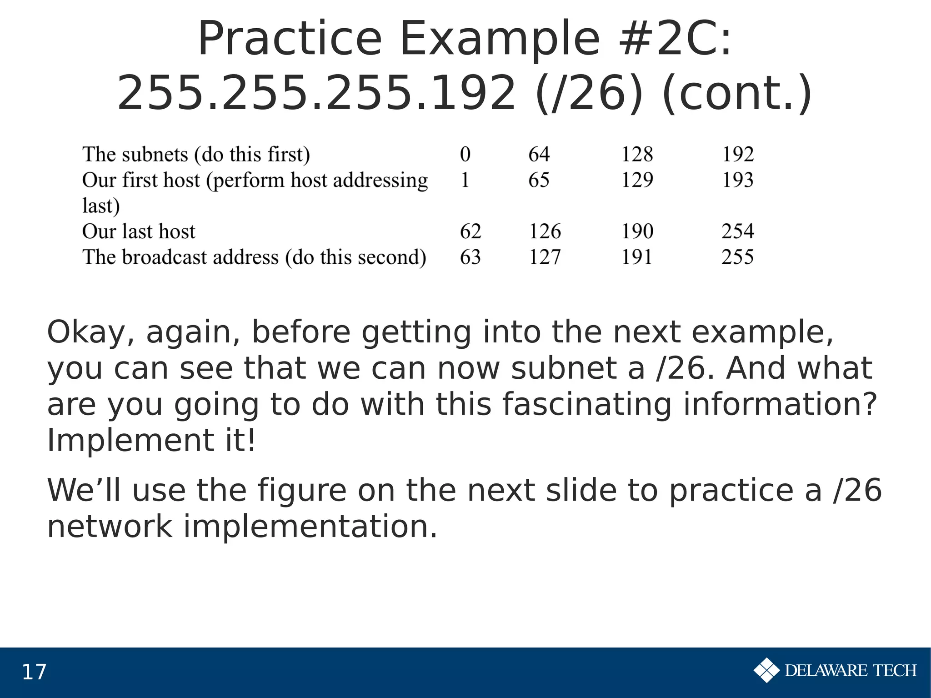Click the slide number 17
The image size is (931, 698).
click(34, 672)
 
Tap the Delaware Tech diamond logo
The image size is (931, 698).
click(766, 670)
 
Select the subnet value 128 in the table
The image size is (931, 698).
click(637, 154)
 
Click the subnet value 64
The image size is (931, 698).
click(539, 154)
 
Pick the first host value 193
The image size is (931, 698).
click(737, 180)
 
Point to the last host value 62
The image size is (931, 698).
click(470, 231)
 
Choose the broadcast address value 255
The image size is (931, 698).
click(737, 257)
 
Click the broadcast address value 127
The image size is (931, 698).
click(545, 257)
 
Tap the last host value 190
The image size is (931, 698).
click(637, 231)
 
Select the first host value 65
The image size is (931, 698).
click(539, 180)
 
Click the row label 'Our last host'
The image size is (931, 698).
click(139, 231)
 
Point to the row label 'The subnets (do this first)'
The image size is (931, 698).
click(196, 154)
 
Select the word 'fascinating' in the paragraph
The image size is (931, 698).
click(587, 404)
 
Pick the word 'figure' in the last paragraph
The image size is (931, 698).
click(301, 490)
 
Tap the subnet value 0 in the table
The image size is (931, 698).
click(465, 154)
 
